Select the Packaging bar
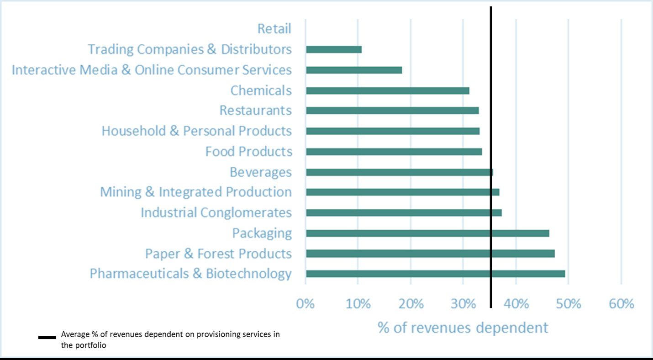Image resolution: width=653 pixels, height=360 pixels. (427, 233)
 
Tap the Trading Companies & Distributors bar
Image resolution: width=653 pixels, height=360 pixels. (334, 49)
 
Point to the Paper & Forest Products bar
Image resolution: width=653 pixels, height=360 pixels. (430, 254)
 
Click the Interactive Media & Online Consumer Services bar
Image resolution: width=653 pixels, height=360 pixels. (354, 70)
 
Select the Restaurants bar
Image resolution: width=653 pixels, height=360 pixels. (392, 111)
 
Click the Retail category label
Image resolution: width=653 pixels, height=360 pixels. (274, 29)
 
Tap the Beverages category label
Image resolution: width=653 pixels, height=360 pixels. (260, 172)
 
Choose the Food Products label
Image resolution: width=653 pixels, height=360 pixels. (248, 152)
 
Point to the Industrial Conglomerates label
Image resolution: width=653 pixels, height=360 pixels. (216, 213)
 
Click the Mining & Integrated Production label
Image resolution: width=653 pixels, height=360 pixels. (196, 192)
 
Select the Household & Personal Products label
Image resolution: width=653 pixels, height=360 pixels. (196, 131)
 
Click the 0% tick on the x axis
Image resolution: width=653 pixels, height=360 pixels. (305, 304)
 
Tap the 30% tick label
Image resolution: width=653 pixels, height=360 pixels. (463, 304)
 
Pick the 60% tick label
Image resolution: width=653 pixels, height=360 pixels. (621, 304)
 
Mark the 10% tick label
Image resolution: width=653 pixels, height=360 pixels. (358, 304)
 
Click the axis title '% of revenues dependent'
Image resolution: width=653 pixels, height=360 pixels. (463, 328)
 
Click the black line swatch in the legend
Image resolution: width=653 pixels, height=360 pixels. (47, 338)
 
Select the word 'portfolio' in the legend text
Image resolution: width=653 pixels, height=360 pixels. (90, 345)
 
